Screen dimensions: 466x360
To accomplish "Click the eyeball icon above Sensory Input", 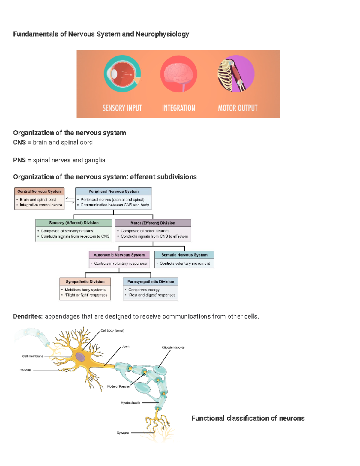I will [122, 74].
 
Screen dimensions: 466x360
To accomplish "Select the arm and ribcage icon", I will [236, 74].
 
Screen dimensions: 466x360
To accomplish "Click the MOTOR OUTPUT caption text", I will [238, 108].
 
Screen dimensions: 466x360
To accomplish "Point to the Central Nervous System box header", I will [39, 191].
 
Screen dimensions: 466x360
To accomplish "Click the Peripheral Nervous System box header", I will [113, 191].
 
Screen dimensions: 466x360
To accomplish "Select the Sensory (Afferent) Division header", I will [74, 223].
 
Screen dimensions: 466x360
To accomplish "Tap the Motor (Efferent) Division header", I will [153, 223].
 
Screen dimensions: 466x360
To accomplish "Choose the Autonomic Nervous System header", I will [119, 255].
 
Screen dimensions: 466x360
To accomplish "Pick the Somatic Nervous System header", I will [184, 255].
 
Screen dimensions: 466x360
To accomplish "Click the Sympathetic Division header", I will [85, 282].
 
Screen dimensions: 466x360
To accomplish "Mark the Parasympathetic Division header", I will [151, 282].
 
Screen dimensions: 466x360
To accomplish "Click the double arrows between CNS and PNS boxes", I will [70, 200].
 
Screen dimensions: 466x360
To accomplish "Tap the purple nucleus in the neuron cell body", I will [80, 357].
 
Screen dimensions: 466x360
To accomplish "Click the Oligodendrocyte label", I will [173, 347].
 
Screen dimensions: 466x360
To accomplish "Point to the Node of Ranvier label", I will [118, 386].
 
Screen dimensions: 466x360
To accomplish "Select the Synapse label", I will [123, 433].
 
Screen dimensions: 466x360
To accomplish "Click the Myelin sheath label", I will [130, 403].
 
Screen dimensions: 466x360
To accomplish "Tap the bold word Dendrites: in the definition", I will [28, 317].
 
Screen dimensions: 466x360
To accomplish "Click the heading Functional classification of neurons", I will [248, 418].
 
